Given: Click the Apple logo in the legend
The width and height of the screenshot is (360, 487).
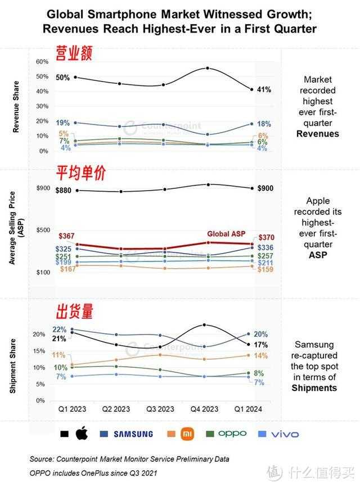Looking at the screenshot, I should click(x=82, y=434).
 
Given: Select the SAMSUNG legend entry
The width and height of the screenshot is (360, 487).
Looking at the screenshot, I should click(x=133, y=434).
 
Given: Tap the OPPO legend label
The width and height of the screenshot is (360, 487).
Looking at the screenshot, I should click(x=232, y=434).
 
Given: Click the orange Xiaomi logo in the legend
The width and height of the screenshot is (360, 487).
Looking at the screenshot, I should click(x=187, y=434).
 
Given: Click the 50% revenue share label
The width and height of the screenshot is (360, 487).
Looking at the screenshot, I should click(x=62, y=78).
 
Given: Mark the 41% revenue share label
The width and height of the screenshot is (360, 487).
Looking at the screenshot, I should click(x=264, y=89).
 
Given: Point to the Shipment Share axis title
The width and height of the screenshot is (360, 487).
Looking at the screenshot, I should click(x=13, y=366).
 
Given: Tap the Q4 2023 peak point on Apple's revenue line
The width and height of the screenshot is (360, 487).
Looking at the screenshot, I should click(x=208, y=69).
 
